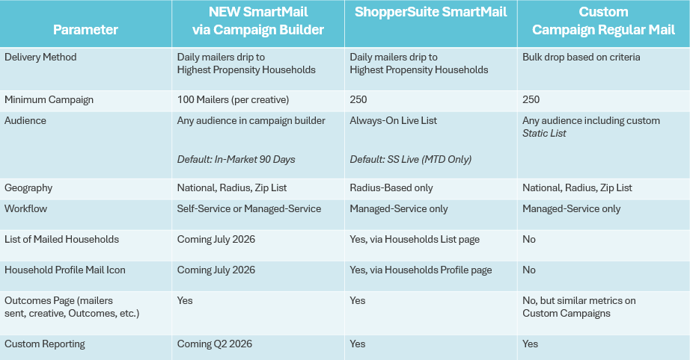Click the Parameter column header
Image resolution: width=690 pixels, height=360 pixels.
point(85,30)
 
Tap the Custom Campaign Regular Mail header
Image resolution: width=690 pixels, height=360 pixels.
point(603,21)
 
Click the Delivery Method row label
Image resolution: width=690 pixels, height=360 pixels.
point(40,57)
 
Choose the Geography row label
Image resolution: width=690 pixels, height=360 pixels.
point(28,188)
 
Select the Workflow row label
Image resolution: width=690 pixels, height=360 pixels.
point(26,208)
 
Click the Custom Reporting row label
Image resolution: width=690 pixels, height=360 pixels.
point(45,344)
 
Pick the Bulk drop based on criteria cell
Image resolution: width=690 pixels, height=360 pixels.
point(580,57)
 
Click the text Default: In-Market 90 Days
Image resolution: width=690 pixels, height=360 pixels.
point(236,159)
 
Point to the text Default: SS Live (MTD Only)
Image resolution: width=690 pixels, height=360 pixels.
point(410,159)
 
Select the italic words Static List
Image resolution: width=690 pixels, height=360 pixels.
point(544,133)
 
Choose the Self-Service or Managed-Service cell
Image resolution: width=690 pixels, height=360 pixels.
point(249,208)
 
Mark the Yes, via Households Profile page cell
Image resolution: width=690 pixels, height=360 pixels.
point(421,270)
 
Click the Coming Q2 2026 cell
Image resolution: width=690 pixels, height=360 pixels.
point(215,344)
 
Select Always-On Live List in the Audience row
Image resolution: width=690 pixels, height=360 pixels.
point(394,120)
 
